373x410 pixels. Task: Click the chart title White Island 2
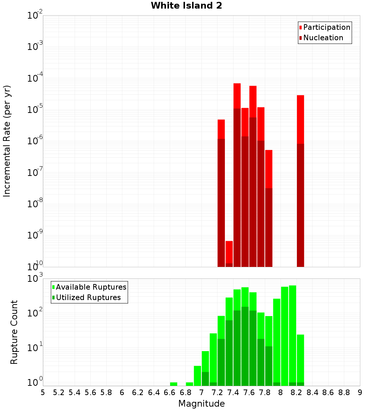pos(186,6)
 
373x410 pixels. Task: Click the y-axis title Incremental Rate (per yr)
pos(7,141)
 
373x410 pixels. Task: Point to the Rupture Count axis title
pos(14,332)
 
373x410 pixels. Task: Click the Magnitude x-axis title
pos(201,404)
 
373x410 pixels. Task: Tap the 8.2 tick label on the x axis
pos(297,392)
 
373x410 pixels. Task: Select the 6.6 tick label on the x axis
pos(170,392)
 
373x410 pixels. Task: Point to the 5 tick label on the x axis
pos(43,392)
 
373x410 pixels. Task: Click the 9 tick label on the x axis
pos(360,392)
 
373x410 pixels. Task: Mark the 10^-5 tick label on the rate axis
pos(35,110)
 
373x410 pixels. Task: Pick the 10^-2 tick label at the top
pos(35,15)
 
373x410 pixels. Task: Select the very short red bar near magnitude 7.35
pos(229,253)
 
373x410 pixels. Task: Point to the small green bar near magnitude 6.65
pos(173,384)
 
